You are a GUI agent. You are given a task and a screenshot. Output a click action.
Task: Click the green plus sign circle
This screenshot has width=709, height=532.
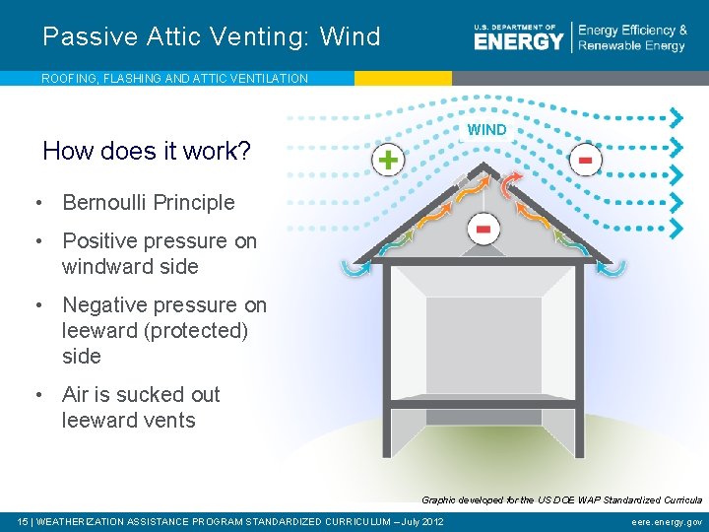389,160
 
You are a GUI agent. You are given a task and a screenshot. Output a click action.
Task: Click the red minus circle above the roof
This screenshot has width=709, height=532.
585,160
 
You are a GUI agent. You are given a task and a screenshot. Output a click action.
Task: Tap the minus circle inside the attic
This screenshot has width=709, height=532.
483,229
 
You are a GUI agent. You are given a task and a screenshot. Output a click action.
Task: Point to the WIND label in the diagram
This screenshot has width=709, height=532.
486,130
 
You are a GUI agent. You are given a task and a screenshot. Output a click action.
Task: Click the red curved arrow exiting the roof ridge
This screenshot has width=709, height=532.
509,184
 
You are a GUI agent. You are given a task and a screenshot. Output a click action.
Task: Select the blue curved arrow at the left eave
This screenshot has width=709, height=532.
354,266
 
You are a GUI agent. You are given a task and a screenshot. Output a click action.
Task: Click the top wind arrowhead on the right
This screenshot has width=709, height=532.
677,117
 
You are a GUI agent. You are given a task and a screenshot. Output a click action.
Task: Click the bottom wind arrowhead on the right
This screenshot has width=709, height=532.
677,228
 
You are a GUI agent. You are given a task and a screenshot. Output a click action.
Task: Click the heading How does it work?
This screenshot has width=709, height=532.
147,151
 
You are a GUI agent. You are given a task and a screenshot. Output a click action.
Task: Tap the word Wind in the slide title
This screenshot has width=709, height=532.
350,37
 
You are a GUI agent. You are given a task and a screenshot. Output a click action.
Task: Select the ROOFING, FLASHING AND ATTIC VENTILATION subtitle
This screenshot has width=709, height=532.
174,78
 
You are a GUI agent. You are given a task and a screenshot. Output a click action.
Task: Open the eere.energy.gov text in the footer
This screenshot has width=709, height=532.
667,521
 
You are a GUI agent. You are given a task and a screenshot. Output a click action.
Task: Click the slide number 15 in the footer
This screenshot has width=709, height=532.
24,521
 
